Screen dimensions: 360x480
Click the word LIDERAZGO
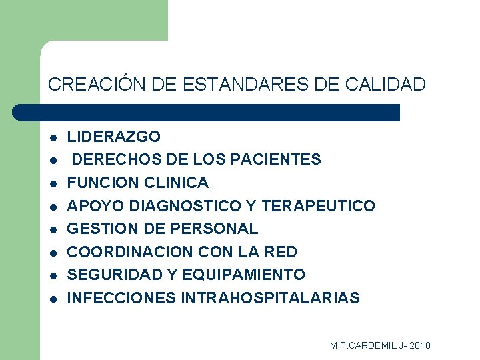point(114,137)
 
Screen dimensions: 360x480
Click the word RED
point(282,252)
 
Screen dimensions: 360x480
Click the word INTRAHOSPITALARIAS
point(270,298)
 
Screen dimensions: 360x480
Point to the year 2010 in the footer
point(420,345)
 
